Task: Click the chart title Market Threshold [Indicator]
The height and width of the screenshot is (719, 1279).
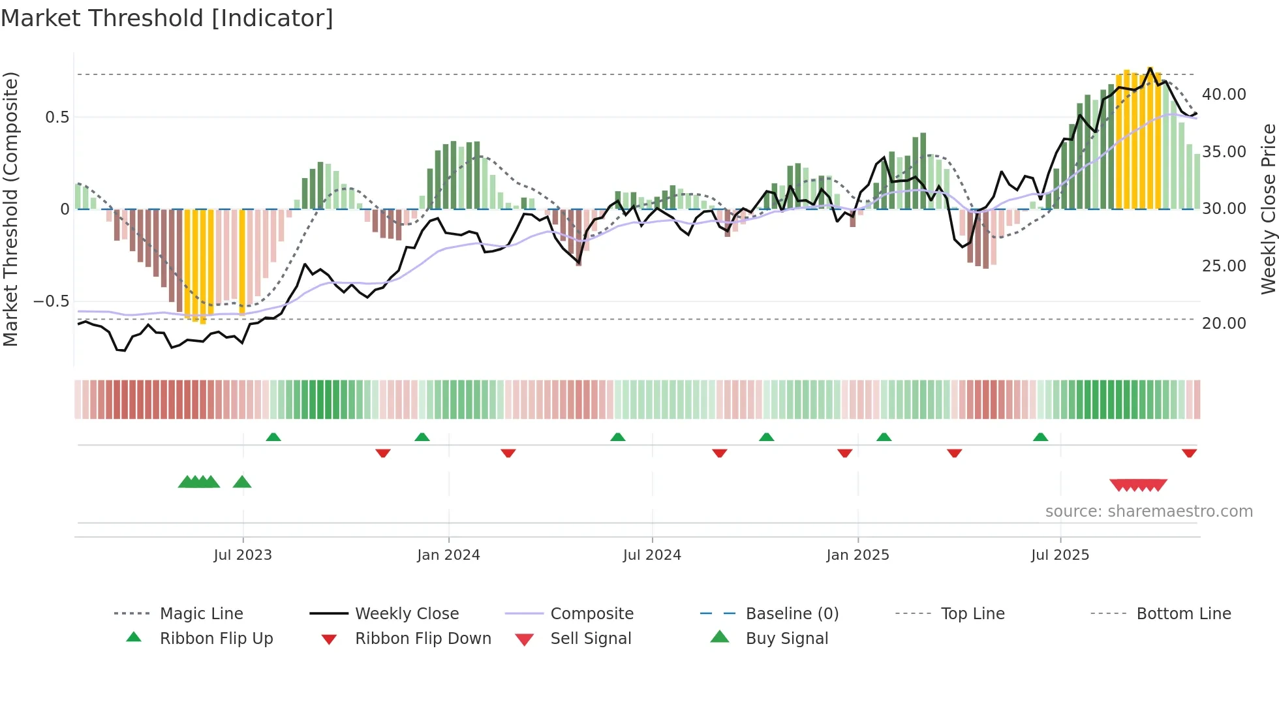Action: [167, 18]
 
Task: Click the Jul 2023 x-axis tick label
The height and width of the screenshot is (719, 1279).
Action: [243, 555]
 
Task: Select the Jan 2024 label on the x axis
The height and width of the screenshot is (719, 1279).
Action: [448, 555]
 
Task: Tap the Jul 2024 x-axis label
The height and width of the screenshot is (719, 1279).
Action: [652, 555]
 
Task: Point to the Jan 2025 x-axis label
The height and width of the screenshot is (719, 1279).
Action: [857, 555]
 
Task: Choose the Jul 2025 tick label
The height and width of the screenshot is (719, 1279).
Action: [1060, 555]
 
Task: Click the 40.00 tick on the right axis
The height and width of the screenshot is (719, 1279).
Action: [1224, 95]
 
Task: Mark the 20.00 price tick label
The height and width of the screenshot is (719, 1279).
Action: [1224, 324]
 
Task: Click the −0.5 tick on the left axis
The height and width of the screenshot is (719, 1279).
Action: [51, 301]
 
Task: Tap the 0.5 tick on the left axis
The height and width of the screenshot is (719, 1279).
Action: [57, 117]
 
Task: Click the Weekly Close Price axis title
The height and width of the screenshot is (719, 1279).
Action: [1268, 209]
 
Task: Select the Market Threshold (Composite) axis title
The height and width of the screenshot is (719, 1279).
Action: [10, 209]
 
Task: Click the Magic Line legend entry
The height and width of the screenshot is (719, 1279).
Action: [201, 614]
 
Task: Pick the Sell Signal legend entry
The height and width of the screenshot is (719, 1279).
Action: [591, 639]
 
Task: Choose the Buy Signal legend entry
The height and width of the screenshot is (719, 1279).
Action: [786, 639]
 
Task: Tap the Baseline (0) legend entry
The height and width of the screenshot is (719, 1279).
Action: [792, 614]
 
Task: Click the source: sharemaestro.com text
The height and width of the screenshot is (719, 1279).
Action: [1148, 512]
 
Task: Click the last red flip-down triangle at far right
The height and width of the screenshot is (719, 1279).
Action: [1189, 453]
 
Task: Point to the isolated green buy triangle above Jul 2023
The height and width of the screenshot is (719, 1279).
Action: [242, 482]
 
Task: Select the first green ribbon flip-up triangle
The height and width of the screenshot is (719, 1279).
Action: [273, 437]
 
